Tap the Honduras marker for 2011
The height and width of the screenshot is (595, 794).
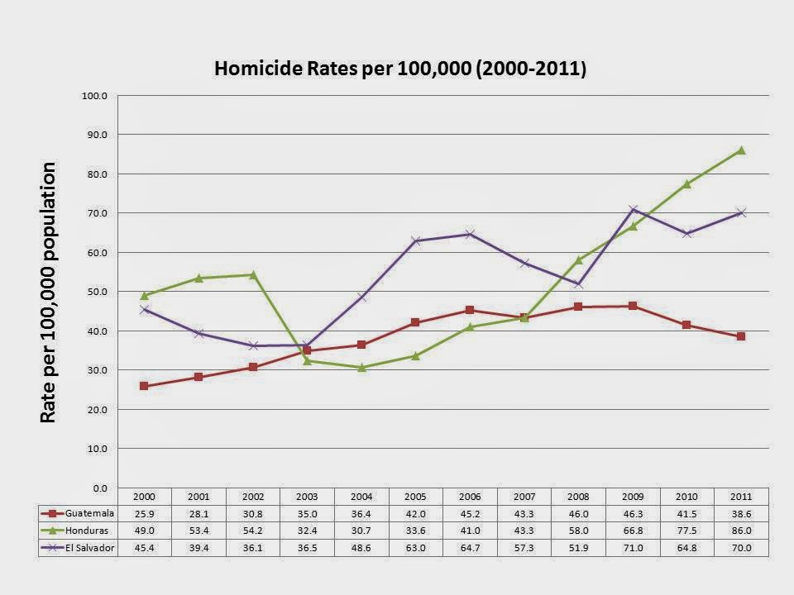741,150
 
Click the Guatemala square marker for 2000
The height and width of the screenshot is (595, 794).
145,386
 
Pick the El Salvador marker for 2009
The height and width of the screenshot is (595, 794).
633,209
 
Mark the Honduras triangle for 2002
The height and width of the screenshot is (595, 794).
253,274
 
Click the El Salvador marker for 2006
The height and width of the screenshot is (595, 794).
470,234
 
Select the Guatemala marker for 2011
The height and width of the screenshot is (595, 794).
741,336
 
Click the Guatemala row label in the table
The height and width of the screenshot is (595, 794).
88,513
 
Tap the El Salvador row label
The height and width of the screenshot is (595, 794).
89,546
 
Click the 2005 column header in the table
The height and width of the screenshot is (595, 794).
416,497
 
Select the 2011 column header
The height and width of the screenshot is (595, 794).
741,497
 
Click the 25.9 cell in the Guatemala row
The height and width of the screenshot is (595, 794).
145,513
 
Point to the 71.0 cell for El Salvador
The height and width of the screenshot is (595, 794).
633,546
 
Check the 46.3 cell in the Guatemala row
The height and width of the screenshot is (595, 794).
633,513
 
